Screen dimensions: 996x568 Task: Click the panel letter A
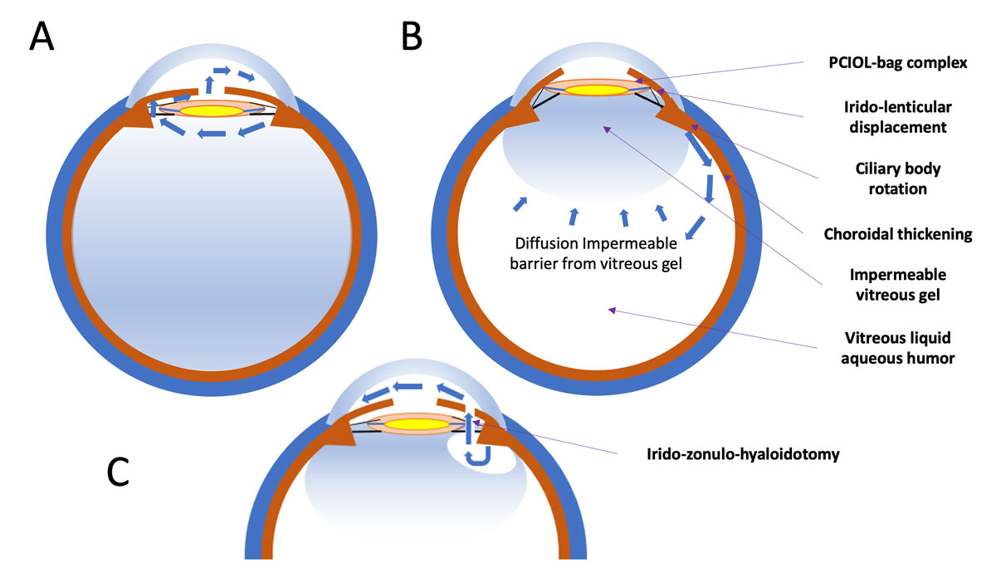(41, 36)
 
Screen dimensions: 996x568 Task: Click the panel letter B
(412, 37)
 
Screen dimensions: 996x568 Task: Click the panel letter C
(118, 472)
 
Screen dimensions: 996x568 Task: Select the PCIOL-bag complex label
(898, 63)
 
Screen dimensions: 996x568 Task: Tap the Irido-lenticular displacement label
(898, 117)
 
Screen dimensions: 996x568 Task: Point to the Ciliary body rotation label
(898, 179)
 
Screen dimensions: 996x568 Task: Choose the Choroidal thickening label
(898, 234)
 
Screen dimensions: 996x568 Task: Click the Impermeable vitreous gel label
(898, 285)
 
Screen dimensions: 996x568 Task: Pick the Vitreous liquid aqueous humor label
(898, 348)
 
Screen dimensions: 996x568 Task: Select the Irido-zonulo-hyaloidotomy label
(743, 454)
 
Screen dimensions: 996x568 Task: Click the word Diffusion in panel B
(546, 243)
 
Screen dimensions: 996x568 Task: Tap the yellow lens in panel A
(211, 110)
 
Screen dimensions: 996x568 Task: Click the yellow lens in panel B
(596, 91)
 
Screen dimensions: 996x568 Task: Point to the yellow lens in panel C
(417, 424)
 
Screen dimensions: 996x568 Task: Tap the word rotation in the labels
(898, 189)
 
